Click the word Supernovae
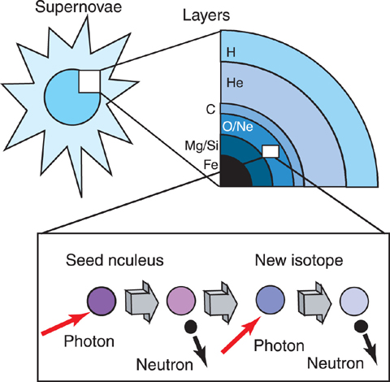[x=79, y=7]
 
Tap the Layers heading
[x=206, y=15]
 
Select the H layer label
[x=231, y=52]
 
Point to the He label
[x=235, y=82]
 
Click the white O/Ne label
[x=238, y=126]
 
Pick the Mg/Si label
[x=201, y=146]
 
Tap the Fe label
[x=210, y=164]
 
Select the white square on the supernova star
[x=89, y=81]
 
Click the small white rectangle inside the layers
[x=271, y=151]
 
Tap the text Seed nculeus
[x=115, y=260]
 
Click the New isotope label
[x=299, y=260]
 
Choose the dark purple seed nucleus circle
[x=102, y=301]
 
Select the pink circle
[x=181, y=301]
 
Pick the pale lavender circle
[x=354, y=302]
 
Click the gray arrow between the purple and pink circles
[x=141, y=302]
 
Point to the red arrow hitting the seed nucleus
[x=66, y=323]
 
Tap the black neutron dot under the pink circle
[x=191, y=327]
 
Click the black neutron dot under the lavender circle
[x=361, y=326]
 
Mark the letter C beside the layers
[x=210, y=110]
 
